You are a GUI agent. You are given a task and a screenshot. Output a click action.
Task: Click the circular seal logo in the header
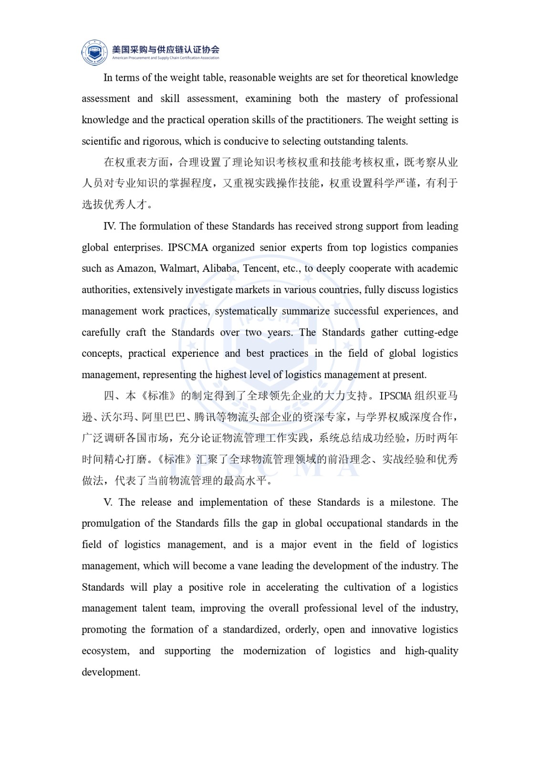pos(95,52)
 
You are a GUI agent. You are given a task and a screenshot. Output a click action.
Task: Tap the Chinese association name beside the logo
pos(166,49)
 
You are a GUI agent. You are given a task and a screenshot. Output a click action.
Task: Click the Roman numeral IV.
pos(109,226)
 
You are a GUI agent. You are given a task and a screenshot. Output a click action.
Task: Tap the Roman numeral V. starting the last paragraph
pos(108,502)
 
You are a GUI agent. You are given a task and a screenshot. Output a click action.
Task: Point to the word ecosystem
pos(105,651)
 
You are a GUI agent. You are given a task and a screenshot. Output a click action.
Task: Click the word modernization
pos(274,651)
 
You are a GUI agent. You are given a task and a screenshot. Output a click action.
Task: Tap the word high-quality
pos(431,651)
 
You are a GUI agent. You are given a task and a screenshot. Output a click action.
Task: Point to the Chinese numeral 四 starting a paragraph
pos(109,396)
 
